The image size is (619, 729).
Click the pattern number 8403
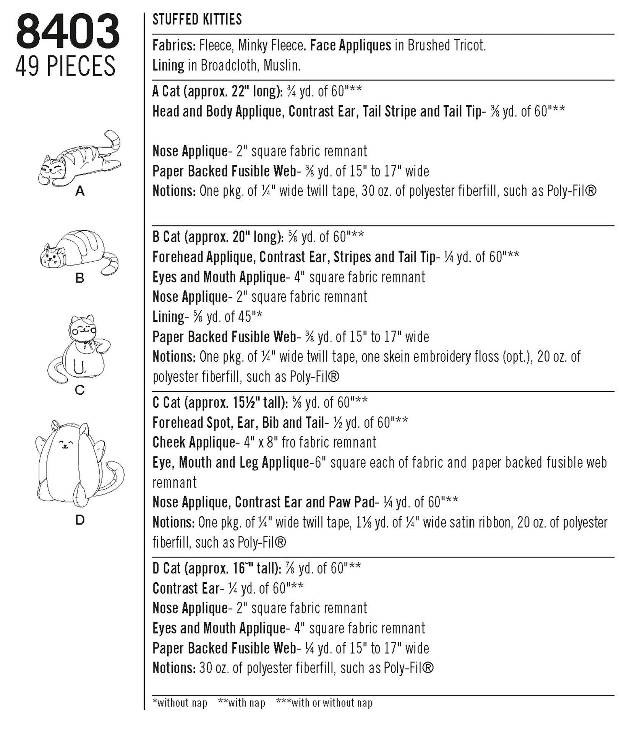[68, 32]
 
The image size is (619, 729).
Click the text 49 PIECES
[65, 66]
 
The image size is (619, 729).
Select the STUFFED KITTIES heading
[197, 19]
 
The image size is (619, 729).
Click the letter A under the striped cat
[80, 191]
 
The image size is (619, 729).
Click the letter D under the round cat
[80, 520]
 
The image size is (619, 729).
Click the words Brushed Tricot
[446, 45]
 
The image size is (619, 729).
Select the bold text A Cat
[166, 91]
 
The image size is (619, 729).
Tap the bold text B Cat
[166, 237]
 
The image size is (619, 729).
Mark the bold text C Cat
[166, 402]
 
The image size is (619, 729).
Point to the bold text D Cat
[166, 568]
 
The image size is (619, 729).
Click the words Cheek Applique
[194, 442]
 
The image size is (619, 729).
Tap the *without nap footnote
[180, 703]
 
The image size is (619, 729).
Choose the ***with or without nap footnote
[324, 703]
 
